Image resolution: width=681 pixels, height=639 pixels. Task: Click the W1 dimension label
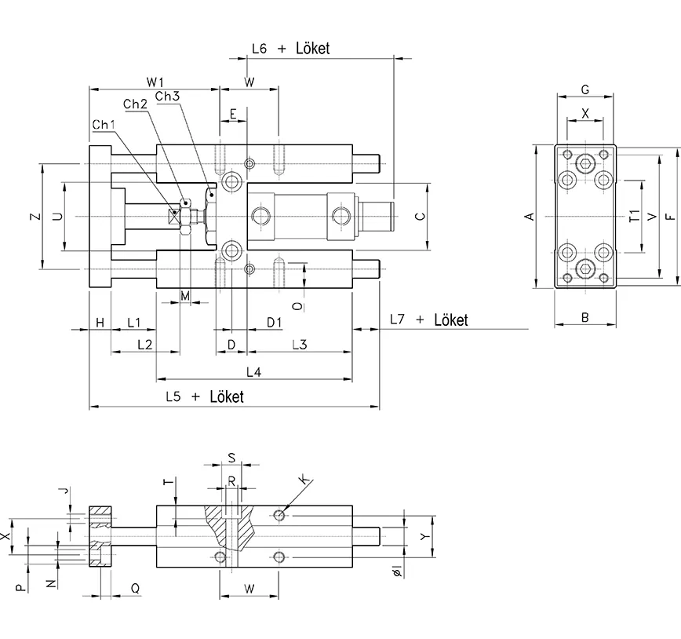pos(154,82)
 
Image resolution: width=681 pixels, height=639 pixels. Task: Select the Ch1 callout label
pos(104,125)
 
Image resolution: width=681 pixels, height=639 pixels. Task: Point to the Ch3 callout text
pos(167,96)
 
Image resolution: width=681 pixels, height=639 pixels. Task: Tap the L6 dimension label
pos(260,49)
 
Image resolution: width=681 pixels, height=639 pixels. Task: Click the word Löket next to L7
pos(450,320)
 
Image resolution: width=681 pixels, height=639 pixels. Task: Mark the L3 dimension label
pos(299,345)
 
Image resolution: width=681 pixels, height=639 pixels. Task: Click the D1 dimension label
pos(274,322)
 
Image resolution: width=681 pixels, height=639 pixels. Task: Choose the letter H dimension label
pos(100,323)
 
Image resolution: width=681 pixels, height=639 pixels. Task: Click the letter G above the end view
pos(584,89)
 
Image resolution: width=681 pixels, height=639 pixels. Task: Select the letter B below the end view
pos(584,317)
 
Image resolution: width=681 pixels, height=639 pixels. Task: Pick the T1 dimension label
pos(634,216)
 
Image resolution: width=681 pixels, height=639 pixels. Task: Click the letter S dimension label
pos(231,457)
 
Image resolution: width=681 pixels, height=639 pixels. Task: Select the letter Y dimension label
pos(424,537)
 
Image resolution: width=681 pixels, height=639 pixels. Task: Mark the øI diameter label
pos(398,571)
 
